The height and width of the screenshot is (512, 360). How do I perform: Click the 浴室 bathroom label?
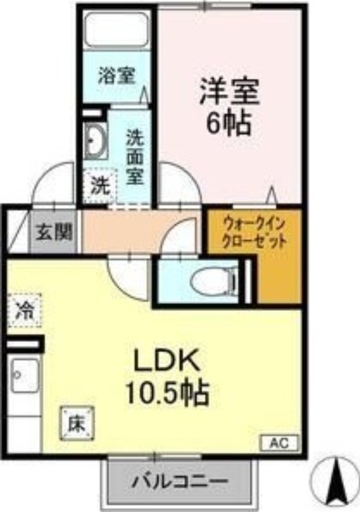(116, 76)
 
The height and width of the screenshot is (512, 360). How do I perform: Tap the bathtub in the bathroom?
(117, 29)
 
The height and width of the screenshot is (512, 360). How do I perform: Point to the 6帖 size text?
(227, 124)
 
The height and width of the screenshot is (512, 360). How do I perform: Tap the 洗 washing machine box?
(100, 186)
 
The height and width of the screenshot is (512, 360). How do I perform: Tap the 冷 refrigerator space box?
(26, 311)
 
